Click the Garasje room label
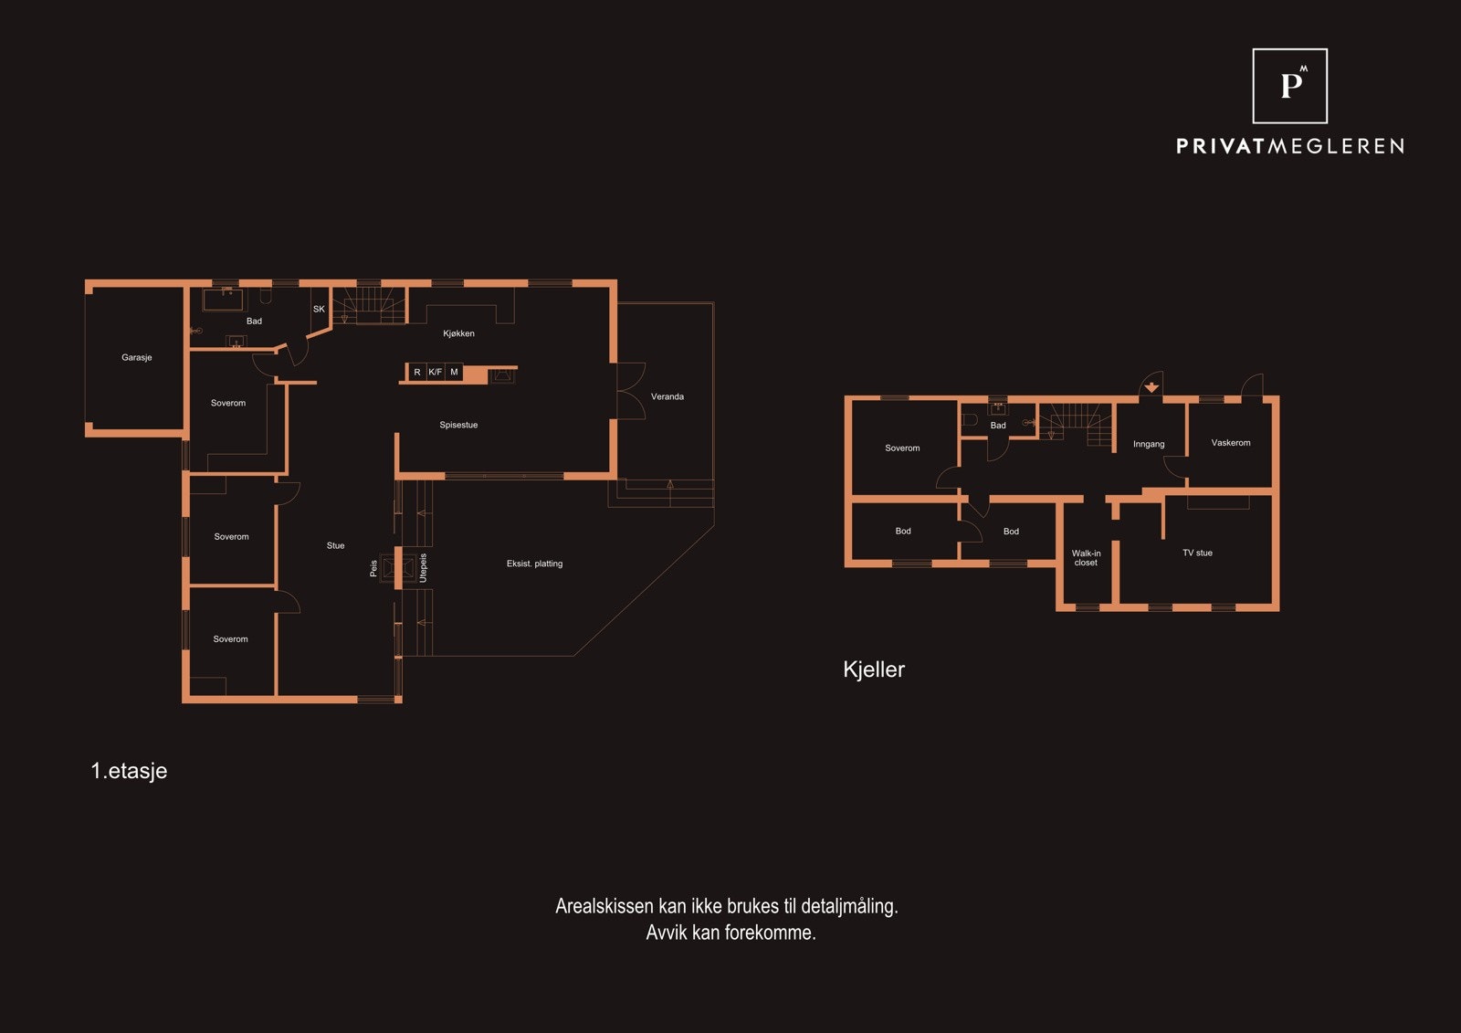(136, 357)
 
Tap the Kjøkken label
(458, 333)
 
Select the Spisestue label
(458, 425)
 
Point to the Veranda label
(667, 396)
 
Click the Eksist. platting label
(534, 564)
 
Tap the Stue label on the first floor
(335, 545)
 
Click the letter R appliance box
(417, 372)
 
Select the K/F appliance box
(435, 372)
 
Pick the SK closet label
(319, 310)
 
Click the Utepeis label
(423, 568)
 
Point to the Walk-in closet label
(1086, 558)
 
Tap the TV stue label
(1197, 553)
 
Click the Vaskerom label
(1231, 442)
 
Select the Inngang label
(1149, 444)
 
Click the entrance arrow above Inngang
(1151, 387)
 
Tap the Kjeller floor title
(873, 669)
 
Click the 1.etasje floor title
(129, 771)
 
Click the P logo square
(1289, 86)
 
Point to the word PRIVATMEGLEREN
(1289, 146)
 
